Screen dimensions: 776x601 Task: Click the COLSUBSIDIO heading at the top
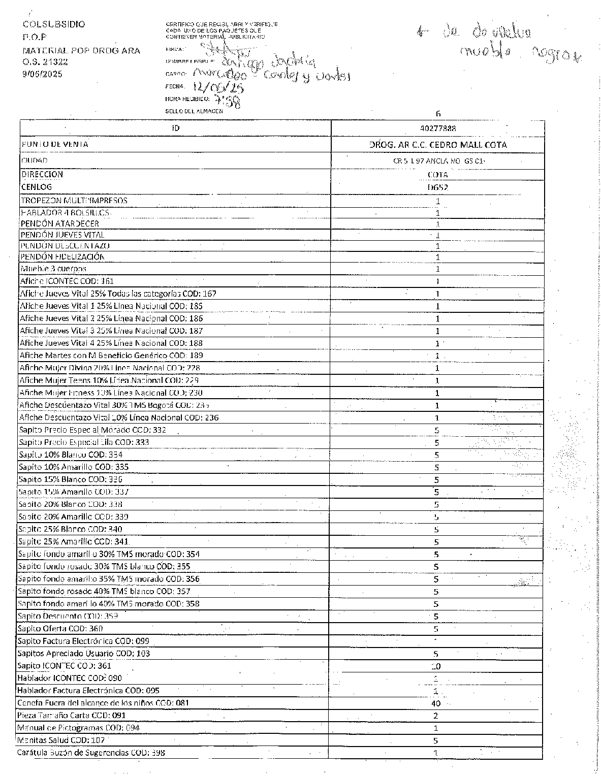tap(54, 24)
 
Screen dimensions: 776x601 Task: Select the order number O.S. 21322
tap(45, 62)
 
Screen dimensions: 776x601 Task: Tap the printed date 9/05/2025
tap(42, 74)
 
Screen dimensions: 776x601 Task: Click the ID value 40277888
tap(438, 128)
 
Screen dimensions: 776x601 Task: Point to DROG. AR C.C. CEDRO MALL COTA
tap(438, 145)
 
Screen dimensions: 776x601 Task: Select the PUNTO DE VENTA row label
tap(55, 144)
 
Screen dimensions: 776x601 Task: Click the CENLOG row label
tap(37, 187)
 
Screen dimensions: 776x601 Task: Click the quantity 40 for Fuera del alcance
tap(436, 703)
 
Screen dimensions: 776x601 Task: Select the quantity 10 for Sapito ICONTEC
tap(436, 666)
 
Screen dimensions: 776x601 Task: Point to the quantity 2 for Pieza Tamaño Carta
tap(436, 716)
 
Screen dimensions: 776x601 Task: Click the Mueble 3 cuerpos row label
tap(53, 269)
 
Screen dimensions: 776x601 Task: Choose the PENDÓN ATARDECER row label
tap(60, 223)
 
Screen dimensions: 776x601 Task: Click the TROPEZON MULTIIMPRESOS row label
tap(74, 201)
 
